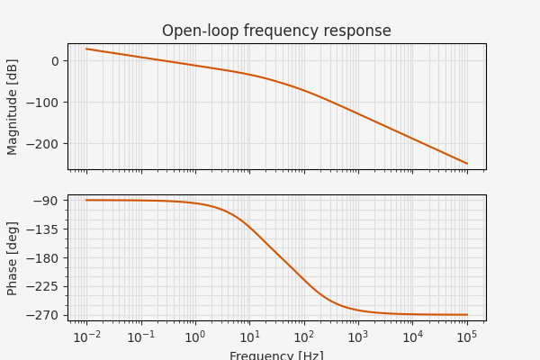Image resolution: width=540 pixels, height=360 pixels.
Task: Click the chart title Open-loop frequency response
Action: tap(276, 31)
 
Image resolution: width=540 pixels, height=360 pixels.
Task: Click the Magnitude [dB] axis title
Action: tap(13, 106)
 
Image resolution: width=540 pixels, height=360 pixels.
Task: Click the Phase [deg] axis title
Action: tap(13, 257)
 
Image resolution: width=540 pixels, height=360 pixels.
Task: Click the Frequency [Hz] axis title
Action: tap(276, 355)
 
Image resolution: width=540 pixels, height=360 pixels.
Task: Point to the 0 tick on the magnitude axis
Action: tap(55, 61)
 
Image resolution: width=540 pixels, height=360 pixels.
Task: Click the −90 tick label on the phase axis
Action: tap(47, 201)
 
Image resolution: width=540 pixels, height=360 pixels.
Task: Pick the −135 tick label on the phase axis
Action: tap(44, 229)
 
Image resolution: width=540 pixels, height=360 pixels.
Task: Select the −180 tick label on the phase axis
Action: tap(44, 258)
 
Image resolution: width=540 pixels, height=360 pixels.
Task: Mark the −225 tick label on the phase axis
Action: tap(44, 286)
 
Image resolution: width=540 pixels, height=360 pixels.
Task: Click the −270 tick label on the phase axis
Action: tap(44, 315)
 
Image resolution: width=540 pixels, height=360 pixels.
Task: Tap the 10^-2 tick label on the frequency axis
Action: tap(86, 336)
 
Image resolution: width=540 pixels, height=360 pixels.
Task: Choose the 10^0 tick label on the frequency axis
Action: tap(195, 336)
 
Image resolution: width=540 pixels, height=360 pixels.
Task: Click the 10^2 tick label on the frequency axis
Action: tap(304, 336)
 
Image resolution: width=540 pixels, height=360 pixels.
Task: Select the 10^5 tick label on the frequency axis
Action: tap(467, 336)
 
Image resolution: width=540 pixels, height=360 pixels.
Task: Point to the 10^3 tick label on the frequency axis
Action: tap(358, 336)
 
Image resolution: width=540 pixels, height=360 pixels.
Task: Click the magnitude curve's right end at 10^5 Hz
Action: tap(467, 164)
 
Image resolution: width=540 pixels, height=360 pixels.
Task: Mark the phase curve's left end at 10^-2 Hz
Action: tap(86, 200)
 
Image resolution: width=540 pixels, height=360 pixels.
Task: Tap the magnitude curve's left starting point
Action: tap(86, 49)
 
